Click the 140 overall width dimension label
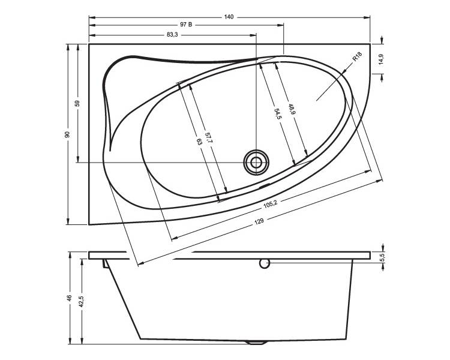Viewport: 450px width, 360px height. pyautogui.click(x=229, y=17)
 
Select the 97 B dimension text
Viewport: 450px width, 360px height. pyautogui.click(x=186, y=25)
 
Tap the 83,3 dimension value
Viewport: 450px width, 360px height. pyautogui.click(x=172, y=35)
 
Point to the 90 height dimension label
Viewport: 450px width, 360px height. pyautogui.click(x=67, y=134)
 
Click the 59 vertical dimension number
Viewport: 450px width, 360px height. pyautogui.click(x=77, y=103)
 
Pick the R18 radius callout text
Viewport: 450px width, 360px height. pyautogui.click(x=358, y=56)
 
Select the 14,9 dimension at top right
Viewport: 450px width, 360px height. pyautogui.click(x=381, y=59)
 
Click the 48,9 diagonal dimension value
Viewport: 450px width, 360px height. pyautogui.click(x=292, y=109)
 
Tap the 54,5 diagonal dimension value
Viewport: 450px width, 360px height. pyautogui.click(x=277, y=114)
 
